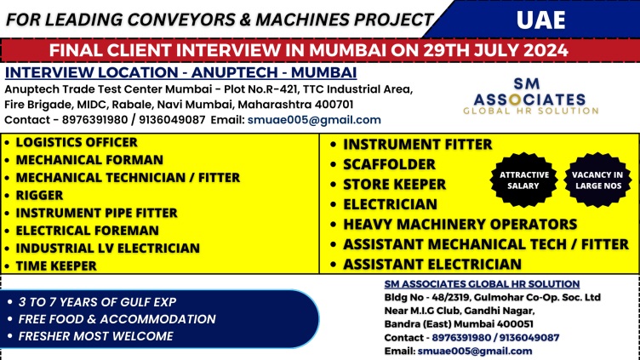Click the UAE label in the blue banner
540,20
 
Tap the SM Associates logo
530,96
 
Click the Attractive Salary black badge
524,180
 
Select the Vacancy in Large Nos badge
598,180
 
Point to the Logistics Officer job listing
77,142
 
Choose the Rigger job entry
40,195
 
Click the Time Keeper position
56,266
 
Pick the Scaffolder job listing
390,164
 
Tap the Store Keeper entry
394,184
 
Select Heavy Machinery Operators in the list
460,224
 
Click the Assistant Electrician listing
432,264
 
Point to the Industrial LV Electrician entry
108,249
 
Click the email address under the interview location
314,120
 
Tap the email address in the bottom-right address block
475,351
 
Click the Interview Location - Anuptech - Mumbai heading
180,72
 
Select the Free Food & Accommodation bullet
117,319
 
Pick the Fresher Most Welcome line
96,336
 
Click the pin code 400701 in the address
334,105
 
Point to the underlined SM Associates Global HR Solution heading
482,284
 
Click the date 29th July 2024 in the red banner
495,50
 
